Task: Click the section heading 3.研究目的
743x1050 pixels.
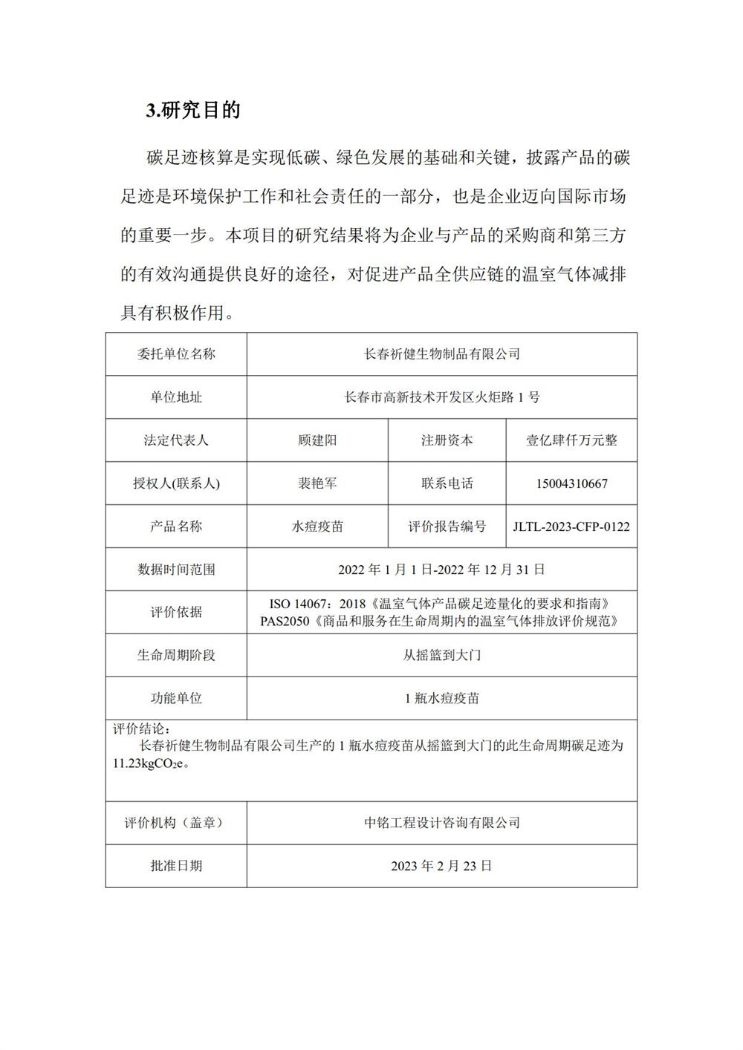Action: coord(193,111)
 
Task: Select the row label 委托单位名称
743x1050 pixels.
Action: coord(176,354)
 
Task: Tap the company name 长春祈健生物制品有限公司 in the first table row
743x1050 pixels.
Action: coord(441,354)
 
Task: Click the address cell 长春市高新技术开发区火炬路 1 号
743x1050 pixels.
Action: coord(441,397)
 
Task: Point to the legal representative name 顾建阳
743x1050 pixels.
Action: coord(317,440)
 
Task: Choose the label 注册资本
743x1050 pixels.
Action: coord(447,440)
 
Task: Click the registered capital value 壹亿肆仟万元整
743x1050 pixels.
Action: coord(571,440)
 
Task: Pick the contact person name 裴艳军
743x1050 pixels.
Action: coord(317,483)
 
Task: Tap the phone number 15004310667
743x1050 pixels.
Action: coord(571,483)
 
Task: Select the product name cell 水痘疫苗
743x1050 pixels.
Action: coord(317,526)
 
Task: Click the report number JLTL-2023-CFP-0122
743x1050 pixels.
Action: coord(571,526)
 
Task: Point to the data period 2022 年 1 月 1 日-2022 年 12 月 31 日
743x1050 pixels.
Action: coord(441,570)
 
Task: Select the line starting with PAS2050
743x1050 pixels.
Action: coord(441,620)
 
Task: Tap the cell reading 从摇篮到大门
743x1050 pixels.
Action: coord(441,655)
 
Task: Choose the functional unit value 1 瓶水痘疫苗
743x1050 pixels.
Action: coord(441,698)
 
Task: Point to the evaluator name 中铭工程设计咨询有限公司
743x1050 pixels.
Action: coord(441,823)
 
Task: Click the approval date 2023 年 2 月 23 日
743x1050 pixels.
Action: coord(441,866)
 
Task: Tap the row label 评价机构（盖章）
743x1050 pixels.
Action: coord(176,823)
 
